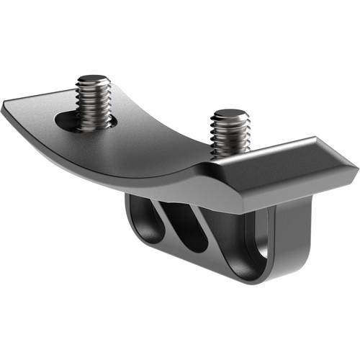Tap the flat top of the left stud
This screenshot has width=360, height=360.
click(x=93, y=80)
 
